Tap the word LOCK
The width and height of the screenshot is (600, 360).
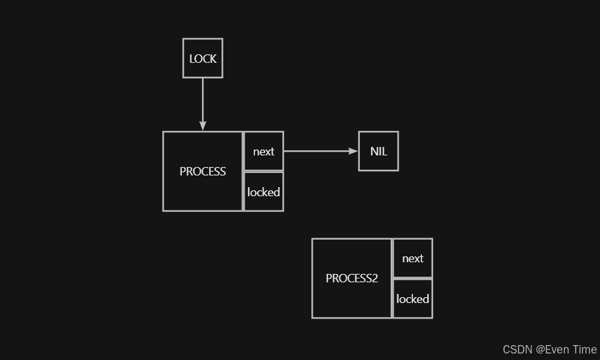pyautogui.click(x=203, y=59)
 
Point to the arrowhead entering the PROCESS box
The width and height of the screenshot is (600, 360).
pyautogui.click(x=203, y=126)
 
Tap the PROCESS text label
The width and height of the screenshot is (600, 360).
pyautogui.click(x=203, y=172)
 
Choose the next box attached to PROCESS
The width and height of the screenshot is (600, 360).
pyautogui.click(x=263, y=152)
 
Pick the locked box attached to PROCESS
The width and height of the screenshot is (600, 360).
pyautogui.click(x=263, y=192)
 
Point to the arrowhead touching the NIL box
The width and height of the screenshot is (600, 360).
pyautogui.click(x=353, y=152)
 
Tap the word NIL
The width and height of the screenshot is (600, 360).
pyautogui.click(x=379, y=152)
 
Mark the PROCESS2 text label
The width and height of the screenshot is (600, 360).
pyautogui.click(x=351, y=278)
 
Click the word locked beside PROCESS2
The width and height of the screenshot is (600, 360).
pyautogui.click(x=412, y=298)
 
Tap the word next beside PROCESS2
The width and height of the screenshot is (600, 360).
pyautogui.click(x=412, y=258)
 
